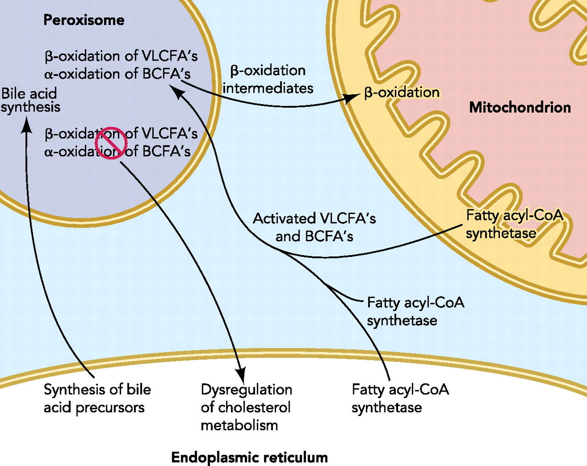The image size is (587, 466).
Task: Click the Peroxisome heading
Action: pyautogui.click(x=83, y=20)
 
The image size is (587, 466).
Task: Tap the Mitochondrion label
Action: pyautogui.click(x=520, y=107)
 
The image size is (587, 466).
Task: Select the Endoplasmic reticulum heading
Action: pyautogui.click(x=249, y=457)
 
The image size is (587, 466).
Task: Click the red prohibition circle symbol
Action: pyautogui.click(x=111, y=143)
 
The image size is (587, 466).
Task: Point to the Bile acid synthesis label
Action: pyautogui.click(x=30, y=100)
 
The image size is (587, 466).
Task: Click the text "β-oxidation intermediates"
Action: pyautogui.click(x=268, y=79)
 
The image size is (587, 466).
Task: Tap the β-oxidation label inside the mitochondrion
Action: pyautogui.click(x=402, y=92)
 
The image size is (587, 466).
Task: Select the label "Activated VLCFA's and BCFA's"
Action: pyautogui.click(x=314, y=227)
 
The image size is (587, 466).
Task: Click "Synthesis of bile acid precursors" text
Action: pyautogui.click(x=97, y=398)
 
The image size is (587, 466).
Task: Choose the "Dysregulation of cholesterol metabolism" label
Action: pyautogui.click(x=246, y=407)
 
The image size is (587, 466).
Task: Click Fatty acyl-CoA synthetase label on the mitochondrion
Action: pyautogui.click(x=514, y=224)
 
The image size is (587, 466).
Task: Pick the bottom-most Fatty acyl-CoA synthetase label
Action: pyautogui.click(x=400, y=398)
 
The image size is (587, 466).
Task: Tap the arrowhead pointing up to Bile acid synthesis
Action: pyautogui.click(x=27, y=124)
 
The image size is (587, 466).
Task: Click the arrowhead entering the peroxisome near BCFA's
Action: pyautogui.click(x=177, y=92)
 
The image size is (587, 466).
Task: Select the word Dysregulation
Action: pyautogui.click(x=246, y=389)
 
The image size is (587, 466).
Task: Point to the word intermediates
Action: pyautogui.click(x=268, y=88)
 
